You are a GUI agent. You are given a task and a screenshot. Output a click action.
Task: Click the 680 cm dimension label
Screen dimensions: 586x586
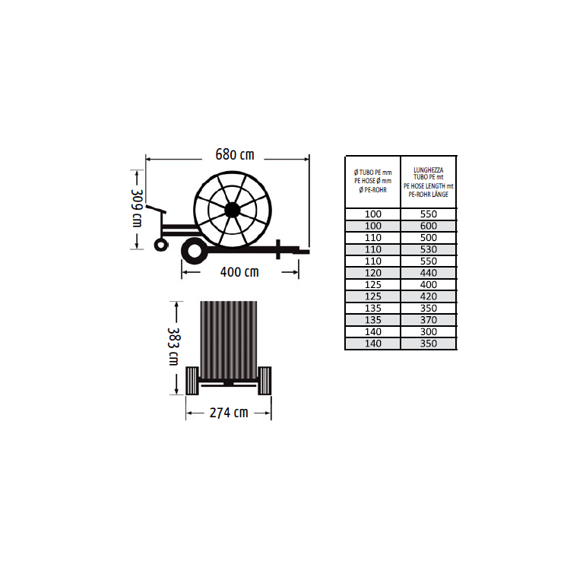[x=235, y=154]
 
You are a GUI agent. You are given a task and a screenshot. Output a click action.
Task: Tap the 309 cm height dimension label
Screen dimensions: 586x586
[x=137, y=208]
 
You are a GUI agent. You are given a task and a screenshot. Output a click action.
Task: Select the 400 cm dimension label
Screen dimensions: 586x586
[x=239, y=272]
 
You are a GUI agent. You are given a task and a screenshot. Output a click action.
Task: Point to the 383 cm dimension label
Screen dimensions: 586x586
[x=173, y=347]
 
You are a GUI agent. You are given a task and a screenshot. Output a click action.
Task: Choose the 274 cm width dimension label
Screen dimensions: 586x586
[x=229, y=413]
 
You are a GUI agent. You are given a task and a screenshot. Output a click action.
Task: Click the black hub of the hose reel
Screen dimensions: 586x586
[x=232, y=211]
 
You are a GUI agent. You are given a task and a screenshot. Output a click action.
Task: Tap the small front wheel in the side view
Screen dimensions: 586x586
[x=161, y=245]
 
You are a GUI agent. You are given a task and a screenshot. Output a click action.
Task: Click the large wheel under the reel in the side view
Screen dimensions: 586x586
[x=195, y=250]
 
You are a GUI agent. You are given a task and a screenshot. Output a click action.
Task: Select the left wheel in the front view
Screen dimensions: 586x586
[x=192, y=381]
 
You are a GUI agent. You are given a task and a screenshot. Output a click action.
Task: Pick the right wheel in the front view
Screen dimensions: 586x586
[x=264, y=381]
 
